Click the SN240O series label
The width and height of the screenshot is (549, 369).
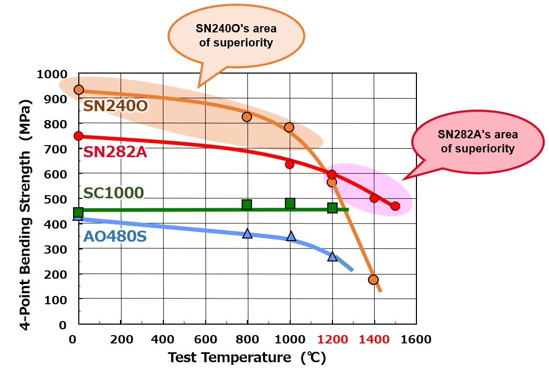116,106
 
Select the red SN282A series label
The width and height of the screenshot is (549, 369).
115,152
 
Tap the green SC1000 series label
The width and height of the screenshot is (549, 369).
113,193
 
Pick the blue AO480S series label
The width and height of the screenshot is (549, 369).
115,236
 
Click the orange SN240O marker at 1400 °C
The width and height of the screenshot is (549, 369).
373,280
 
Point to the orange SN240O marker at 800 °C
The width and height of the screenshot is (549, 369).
247,117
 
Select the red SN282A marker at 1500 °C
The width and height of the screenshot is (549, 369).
395,206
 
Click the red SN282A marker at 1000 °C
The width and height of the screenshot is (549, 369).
290,164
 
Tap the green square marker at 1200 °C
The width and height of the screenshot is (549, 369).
332,208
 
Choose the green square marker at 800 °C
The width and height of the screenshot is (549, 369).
247,205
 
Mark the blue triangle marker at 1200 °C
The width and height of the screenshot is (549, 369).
332,257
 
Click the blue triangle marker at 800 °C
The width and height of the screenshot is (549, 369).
247,234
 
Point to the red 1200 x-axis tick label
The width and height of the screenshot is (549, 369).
332,340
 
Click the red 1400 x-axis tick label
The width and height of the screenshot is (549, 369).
374,340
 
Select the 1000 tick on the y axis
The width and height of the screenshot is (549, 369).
52,74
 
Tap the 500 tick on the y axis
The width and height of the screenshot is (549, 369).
56,199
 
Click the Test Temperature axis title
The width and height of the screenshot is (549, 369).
247,358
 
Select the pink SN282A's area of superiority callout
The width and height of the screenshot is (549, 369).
478,141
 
